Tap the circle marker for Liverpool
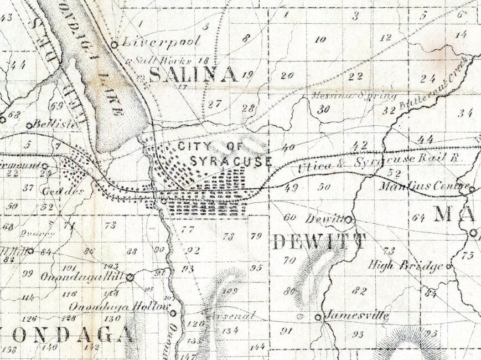[115, 44]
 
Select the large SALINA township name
[193, 74]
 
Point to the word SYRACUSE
[230, 161]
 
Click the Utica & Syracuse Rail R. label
[379, 162]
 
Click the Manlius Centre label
[424, 186]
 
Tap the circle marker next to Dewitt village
[349, 220]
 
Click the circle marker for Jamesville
[318, 317]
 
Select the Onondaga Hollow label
[118, 306]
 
